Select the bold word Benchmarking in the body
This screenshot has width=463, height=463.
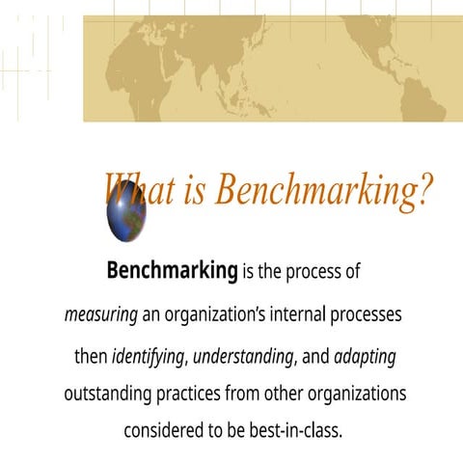(x=172, y=271)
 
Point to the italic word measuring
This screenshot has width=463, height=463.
(x=100, y=314)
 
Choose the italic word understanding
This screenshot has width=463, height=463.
(x=244, y=357)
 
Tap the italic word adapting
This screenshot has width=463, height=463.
(x=365, y=357)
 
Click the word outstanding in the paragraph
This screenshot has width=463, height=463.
(x=110, y=395)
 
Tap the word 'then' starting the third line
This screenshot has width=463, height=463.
(x=91, y=357)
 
